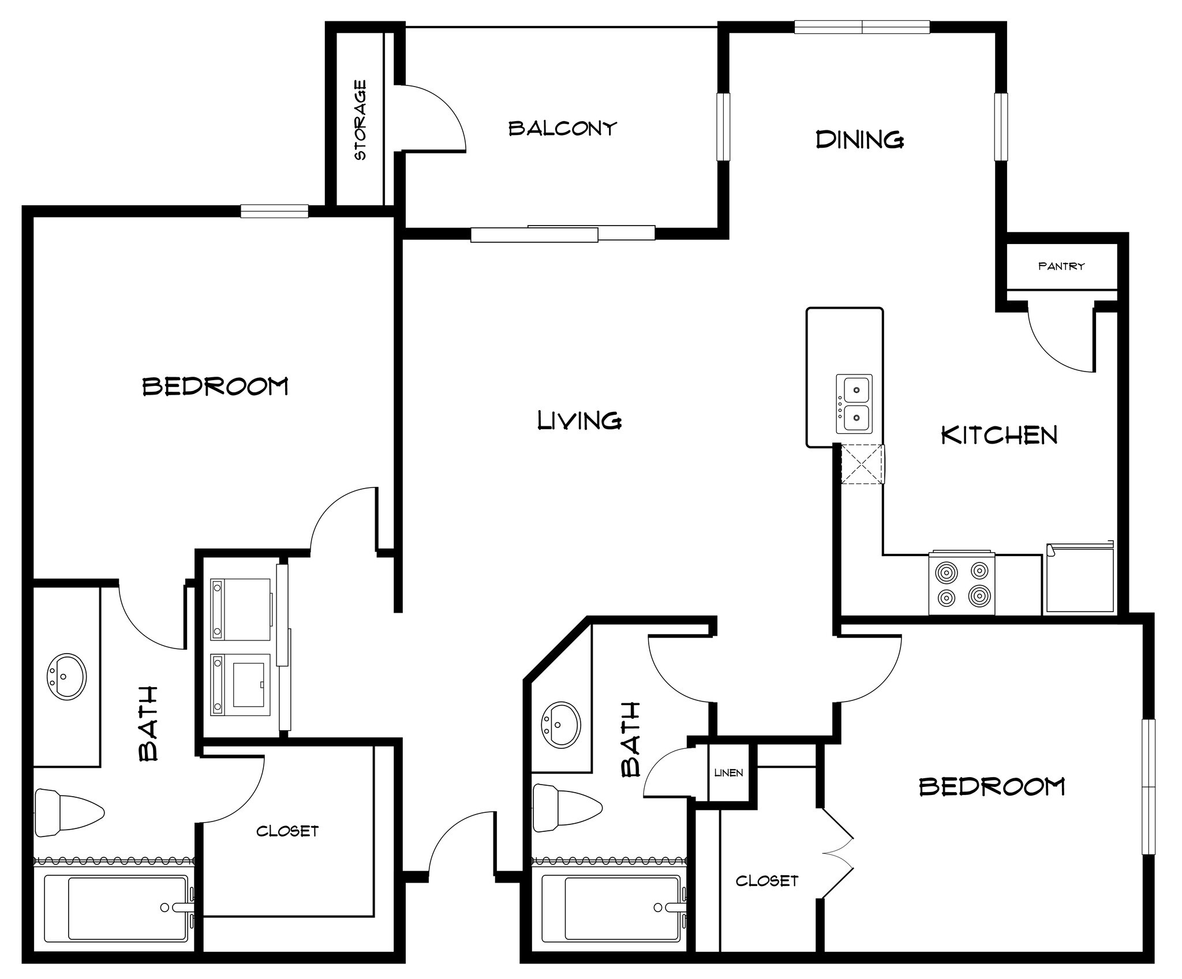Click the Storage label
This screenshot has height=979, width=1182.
[x=360, y=120]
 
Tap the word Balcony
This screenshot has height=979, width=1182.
[x=562, y=128]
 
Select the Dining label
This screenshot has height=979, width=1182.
[x=859, y=140]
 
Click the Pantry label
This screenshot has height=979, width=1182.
[x=1061, y=267]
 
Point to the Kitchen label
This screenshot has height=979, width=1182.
[x=999, y=436]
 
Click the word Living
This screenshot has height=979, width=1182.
[x=579, y=421]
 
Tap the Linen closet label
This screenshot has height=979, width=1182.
[x=728, y=772]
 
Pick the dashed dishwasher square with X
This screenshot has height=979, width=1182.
[x=862, y=464]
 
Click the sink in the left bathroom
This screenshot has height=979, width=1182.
[x=67, y=677]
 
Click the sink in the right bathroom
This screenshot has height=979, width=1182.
[x=560, y=725]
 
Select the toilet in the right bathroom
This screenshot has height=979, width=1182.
[x=566, y=808]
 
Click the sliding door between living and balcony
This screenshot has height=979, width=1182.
[x=563, y=234]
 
